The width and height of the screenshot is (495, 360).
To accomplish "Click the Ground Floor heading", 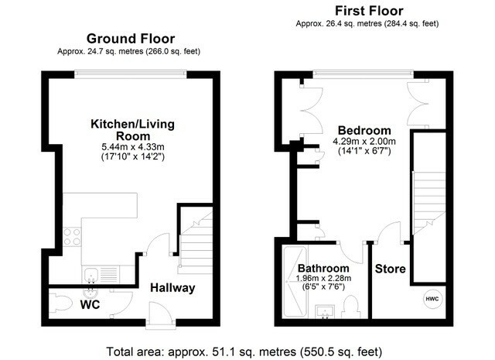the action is [131, 39].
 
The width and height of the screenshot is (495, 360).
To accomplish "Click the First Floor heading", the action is [369, 11].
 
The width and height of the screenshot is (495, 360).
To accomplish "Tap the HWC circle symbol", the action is [432, 299].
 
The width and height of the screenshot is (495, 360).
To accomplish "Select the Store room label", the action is [390, 269].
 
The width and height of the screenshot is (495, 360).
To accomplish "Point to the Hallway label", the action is [172, 288].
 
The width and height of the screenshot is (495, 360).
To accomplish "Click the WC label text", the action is [90, 305].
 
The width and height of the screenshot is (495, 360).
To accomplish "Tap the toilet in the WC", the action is [60, 303].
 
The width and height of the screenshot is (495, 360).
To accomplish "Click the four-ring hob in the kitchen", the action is [72, 237].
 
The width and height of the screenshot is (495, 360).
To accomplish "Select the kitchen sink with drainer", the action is [101, 274].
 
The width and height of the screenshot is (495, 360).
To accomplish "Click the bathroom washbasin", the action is [325, 312].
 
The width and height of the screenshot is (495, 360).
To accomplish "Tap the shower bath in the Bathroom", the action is [295, 282].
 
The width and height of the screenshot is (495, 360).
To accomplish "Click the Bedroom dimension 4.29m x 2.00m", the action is [364, 141].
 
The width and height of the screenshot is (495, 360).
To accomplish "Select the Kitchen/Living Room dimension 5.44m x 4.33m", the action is [132, 147].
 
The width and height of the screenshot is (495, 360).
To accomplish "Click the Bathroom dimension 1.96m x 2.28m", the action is [323, 279].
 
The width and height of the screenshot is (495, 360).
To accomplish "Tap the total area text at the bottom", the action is [244, 351].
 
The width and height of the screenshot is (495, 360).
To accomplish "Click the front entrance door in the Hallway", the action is [160, 314].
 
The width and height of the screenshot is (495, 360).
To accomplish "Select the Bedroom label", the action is [364, 131].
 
